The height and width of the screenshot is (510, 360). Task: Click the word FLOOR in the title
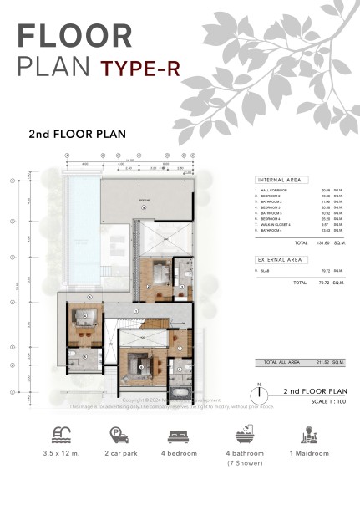tap(74, 35)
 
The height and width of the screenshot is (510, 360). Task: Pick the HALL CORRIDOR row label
tap(274, 190)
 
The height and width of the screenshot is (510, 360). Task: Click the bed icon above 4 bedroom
tap(179, 436)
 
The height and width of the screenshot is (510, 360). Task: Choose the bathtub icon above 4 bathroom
tap(242, 436)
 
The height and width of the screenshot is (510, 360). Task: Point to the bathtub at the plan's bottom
tap(180, 391)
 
